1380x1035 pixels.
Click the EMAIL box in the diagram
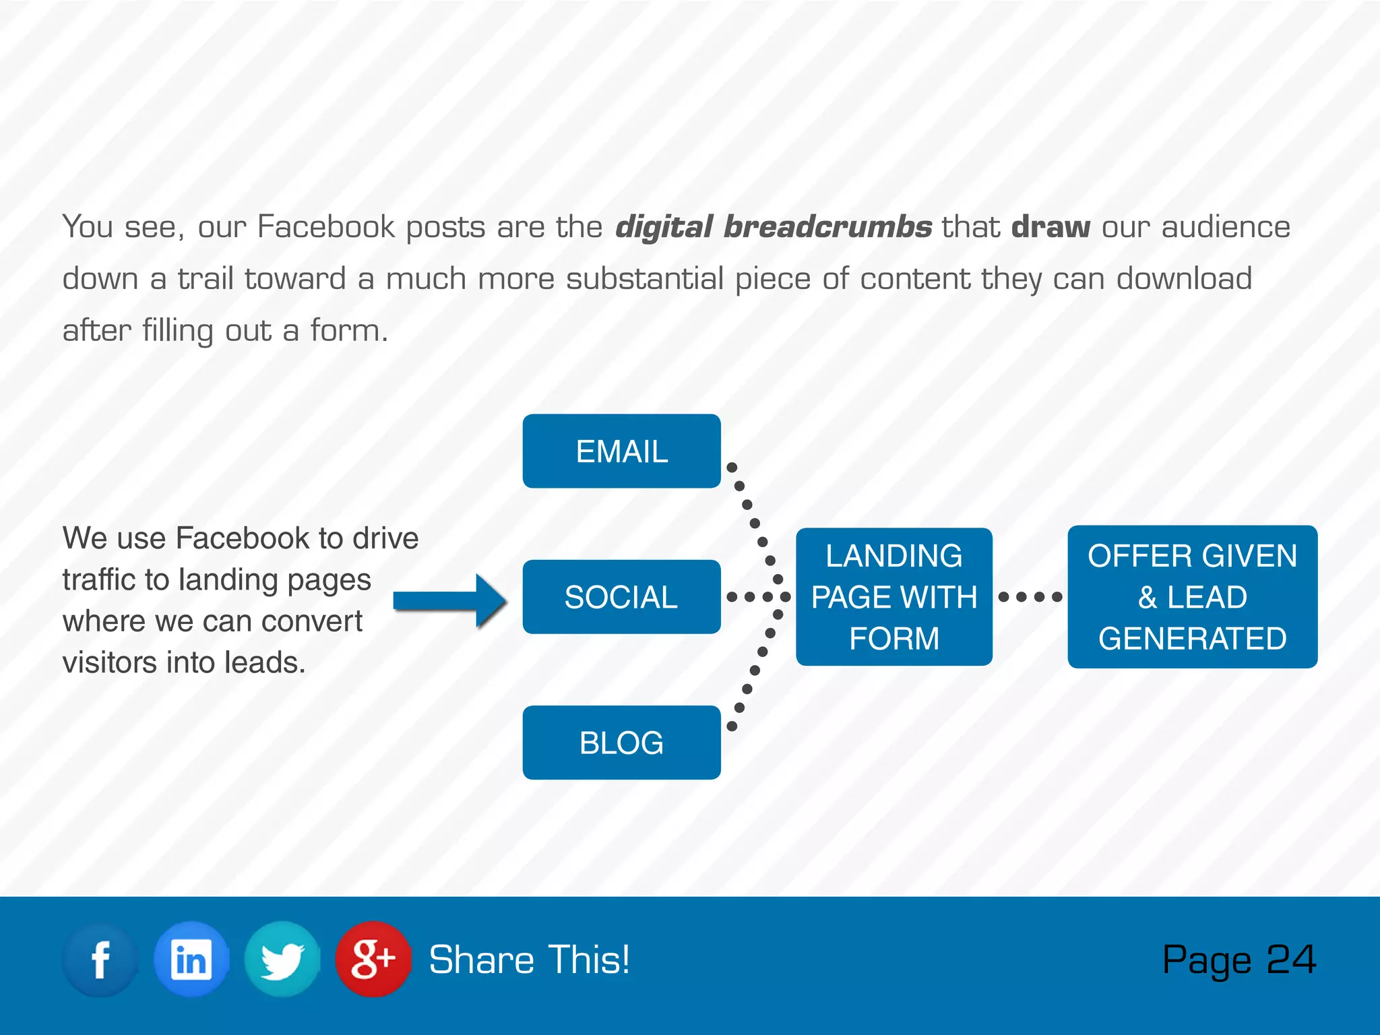pos(621,451)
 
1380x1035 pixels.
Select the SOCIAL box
pos(621,597)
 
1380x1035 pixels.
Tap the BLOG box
pos(621,743)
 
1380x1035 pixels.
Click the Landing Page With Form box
pos(893,597)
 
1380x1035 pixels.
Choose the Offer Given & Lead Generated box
pos(1192,597)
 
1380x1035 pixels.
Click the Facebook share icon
pos(100,960)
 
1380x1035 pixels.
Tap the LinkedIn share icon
pos(191,960)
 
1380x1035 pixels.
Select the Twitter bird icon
pos(282,960)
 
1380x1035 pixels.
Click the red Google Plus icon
pos(373,960)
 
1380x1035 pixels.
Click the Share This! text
pos(530,960)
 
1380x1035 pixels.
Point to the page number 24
pos(1291,960)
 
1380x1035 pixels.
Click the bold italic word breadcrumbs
pos(827,227)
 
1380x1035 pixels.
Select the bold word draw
pos(1050,227)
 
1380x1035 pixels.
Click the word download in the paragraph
pos(1184,279)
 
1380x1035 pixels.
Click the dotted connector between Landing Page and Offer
pos(1030,597)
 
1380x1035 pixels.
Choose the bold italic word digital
pos(664,227)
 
